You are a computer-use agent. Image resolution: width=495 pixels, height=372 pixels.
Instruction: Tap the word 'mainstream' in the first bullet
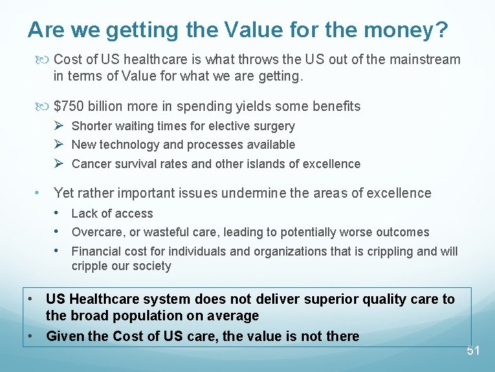pos(426,59)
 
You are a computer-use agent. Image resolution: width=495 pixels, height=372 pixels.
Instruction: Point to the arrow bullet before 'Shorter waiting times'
pos(59,125)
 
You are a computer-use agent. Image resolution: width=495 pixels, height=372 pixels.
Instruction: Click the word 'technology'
pos(131,145)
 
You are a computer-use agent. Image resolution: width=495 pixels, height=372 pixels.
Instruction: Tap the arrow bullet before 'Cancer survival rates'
pos(59,163)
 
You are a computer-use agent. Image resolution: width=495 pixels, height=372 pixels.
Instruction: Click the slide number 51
pos(473,351)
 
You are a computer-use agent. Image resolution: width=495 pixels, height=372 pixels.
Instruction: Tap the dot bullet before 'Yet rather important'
pos(38,193)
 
